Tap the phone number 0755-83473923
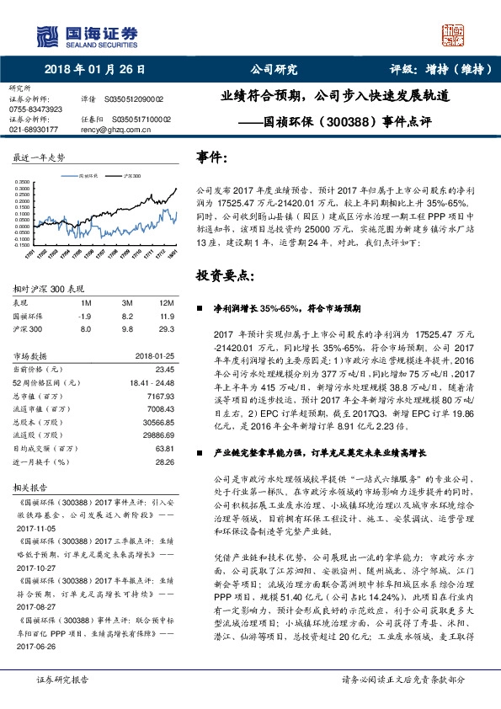click(35, 109)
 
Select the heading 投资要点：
click(225, 275)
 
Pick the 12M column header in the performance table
click(166, 302)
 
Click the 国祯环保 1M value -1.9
click(83, 316)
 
